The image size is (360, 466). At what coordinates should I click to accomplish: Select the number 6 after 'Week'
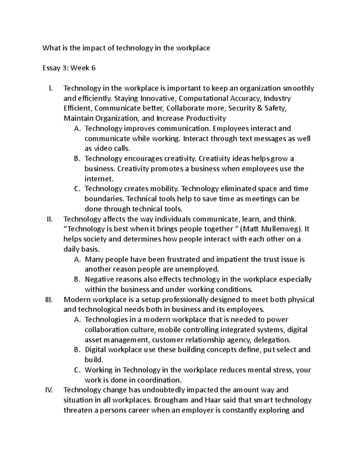coord(93,68)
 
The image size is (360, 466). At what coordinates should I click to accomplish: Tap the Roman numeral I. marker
coord(50,88)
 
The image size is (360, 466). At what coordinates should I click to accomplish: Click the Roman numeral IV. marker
coord(48,390)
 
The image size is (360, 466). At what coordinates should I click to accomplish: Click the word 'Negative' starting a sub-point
coord(99,279)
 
